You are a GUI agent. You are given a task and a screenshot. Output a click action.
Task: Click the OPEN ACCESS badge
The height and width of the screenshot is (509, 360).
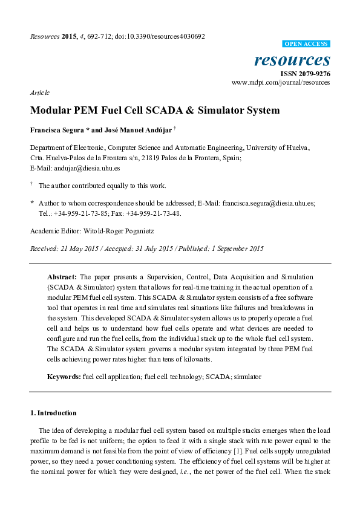pos(307,44)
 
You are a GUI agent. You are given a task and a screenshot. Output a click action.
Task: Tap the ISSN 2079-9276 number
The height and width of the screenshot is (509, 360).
pos(308,74)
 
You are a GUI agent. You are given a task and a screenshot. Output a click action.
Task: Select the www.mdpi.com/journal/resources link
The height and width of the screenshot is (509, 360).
pos(281,82)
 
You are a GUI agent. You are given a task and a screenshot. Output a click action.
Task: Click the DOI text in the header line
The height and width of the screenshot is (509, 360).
pos(164,36)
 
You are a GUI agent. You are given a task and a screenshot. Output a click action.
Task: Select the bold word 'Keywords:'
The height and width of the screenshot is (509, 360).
pos(64,376)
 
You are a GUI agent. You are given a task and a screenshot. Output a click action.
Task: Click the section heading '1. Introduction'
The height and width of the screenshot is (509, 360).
pos(53,413)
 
